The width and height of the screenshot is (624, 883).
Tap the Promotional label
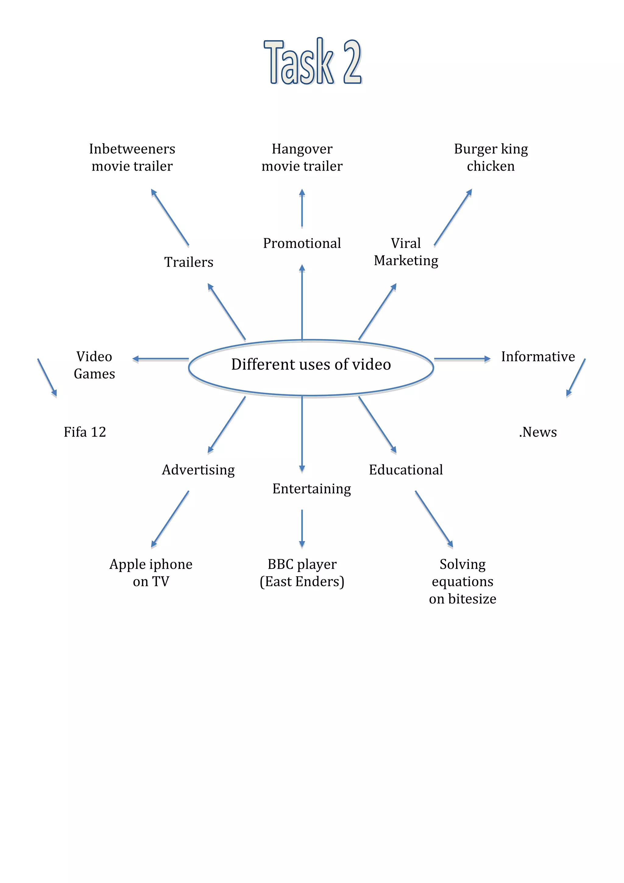point(302,243)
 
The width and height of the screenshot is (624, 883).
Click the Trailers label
point(188,262)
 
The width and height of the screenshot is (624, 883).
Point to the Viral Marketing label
point(406,252)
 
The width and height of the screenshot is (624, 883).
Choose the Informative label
point(537,357)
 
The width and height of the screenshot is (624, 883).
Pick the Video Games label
point(94,365)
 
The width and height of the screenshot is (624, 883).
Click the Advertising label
point(198,470)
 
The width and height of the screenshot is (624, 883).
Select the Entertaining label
point(311,489)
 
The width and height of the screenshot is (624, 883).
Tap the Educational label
point(406,470)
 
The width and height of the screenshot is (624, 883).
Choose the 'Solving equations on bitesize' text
point(463,581)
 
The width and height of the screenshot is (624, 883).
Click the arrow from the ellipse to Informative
point(462,359)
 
